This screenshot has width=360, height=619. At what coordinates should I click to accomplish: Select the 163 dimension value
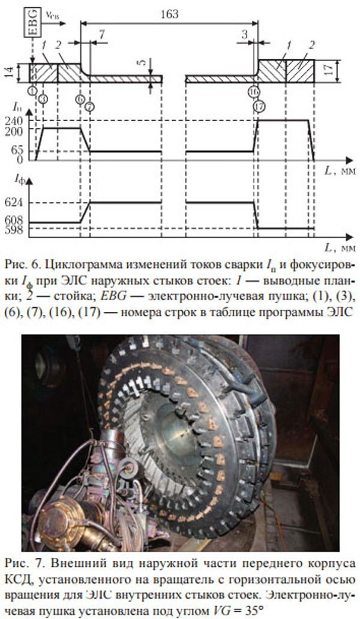pos(169,14)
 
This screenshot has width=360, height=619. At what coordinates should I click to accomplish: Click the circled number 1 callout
pos(33,91)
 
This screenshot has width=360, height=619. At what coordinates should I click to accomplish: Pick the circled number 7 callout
pos(90,106)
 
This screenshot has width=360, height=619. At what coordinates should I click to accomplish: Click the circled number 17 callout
pos(259,106)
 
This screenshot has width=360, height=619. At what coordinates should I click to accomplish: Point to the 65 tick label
pos(17,151)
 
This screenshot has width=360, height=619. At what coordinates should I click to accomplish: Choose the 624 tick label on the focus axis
pos(14,203)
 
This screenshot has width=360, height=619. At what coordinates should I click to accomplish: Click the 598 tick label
pos(14,230)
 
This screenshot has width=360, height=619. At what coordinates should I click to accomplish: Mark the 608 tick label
pos(14,221)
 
